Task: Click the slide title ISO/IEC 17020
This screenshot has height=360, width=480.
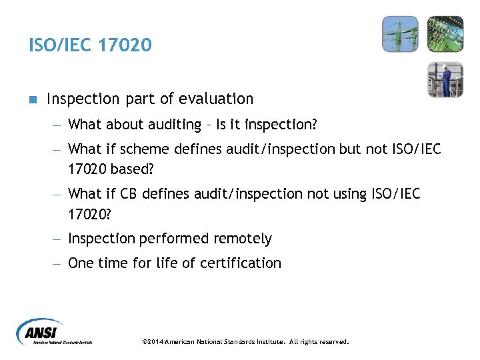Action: click(90, 45)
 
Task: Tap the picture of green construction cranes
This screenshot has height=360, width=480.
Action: click(400, 33)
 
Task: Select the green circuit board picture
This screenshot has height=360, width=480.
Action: click(445, 33)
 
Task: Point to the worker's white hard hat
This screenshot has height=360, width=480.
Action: click(446, 67)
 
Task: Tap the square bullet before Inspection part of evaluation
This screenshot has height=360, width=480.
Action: click(33, 99)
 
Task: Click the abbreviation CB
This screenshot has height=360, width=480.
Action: click(129, 193)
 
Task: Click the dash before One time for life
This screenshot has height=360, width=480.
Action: click(58, 263)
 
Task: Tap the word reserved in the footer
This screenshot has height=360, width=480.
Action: click(333, 342)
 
